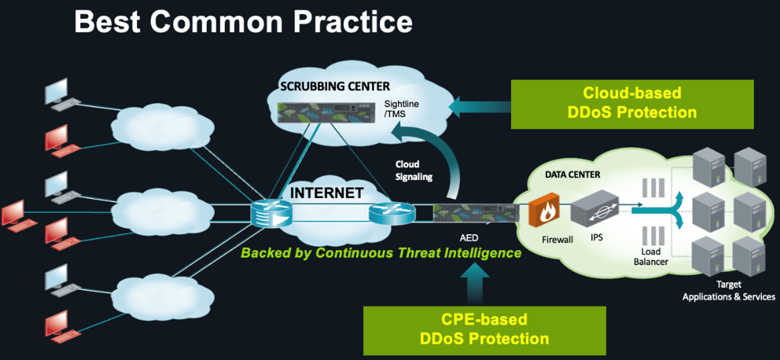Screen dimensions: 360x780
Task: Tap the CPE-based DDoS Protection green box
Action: click(x=484, y=329)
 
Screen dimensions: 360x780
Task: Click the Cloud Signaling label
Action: click(x=407, y=171)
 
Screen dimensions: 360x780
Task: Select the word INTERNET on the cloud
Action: click(x=327, y=193)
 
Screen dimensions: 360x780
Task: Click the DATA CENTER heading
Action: click(x=573, y=175)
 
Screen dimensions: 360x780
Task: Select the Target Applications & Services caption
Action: click(x=729, y=291)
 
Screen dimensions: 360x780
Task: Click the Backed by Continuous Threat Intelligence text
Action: click(x=381, y=253)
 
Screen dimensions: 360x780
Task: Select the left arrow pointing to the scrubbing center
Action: click(x=477, y=104)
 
